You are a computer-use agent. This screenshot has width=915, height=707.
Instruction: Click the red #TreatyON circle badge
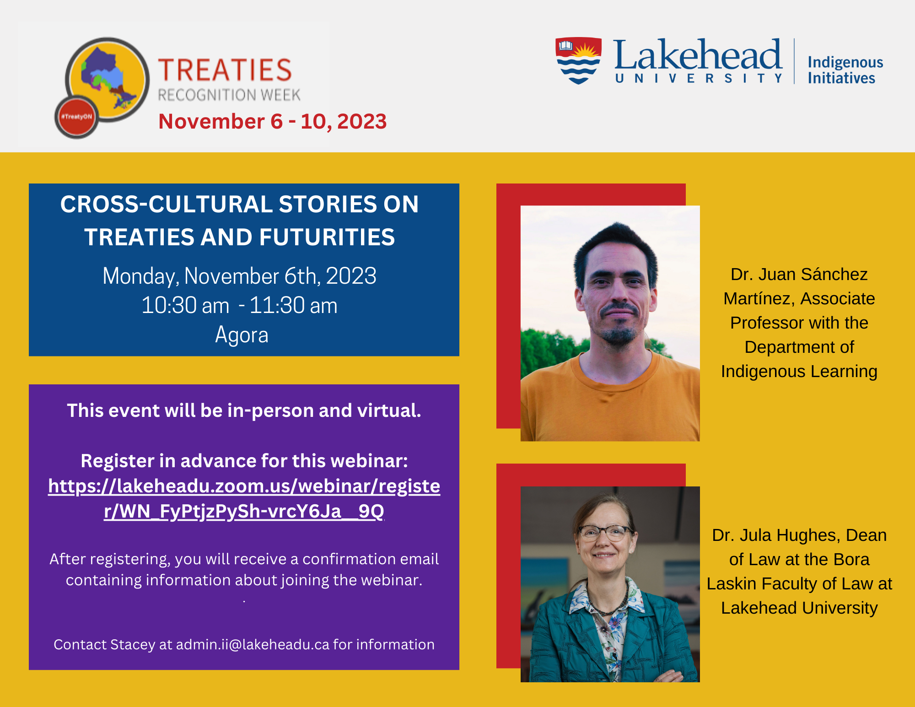tap(77, 117)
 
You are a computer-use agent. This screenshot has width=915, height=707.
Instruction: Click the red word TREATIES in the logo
tap(225, 70)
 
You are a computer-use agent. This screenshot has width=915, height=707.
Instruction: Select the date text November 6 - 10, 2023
tap(273, 121)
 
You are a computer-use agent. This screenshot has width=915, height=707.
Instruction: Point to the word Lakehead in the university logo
tap(698, 54)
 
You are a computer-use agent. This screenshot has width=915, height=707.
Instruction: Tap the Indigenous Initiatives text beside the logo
tap(845, 70)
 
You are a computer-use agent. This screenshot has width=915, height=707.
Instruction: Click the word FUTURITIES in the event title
tap(327, 237)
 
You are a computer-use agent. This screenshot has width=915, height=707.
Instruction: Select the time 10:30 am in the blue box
tap(185, 305)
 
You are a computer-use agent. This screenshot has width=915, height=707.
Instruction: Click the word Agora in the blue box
tap(242, 335)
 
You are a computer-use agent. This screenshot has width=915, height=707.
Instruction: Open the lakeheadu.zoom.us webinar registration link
tap(244, 498)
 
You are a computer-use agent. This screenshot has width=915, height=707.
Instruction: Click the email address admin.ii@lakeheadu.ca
tap(253, 644)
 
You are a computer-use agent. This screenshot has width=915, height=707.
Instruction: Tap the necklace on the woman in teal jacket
tap(607, 604)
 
